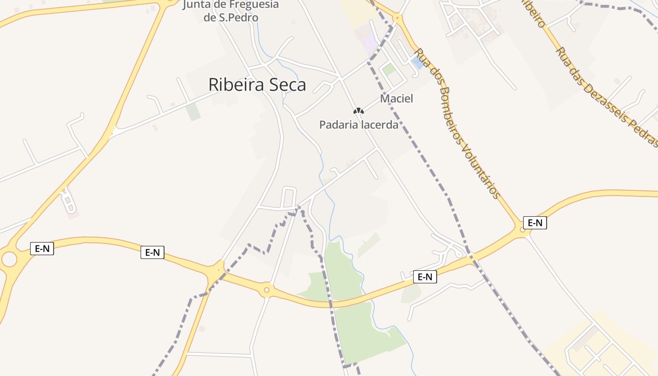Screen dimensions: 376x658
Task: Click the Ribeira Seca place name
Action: coord(257,85)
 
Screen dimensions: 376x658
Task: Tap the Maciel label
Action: coord(396,99)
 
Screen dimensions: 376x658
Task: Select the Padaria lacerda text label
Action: coord(359,125)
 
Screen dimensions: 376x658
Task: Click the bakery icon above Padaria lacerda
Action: coord(359,111)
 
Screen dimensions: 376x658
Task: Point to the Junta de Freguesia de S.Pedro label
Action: coord(230,11)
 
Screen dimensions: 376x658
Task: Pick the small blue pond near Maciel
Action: coord(416,63)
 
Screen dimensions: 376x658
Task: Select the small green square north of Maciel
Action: coord(389,70)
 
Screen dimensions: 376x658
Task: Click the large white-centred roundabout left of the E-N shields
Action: coord(9,258)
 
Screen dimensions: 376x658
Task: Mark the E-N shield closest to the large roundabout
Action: coord(42,249)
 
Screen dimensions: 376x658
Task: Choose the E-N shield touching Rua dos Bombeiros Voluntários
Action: coord(535,223)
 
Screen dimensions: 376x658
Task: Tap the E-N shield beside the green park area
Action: coord(425,277)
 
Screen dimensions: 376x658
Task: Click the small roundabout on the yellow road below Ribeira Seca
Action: coord(266,290)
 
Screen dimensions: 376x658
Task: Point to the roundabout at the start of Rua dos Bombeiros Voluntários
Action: coord(398,18)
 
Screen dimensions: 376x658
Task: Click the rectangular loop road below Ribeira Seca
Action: coord(289,197)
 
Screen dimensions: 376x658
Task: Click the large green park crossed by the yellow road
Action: coord(357,320)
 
